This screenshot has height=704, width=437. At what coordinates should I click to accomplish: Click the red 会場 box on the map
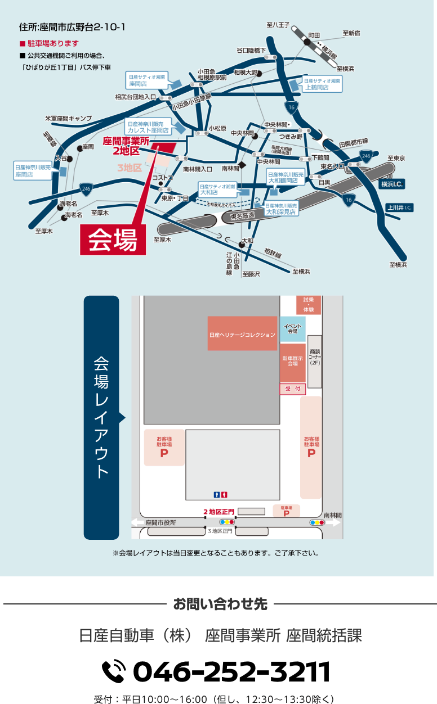click(113, 240)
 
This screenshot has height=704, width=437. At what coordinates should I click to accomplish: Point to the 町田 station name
click(314, 35)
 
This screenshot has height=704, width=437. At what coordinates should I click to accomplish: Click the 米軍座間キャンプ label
click(69, 119)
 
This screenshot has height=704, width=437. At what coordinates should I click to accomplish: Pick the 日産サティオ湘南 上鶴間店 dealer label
click(322, 84)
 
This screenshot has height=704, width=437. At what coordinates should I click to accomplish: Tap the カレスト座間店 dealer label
click(148, 127)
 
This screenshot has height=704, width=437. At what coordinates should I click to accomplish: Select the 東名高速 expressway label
click(243, 215)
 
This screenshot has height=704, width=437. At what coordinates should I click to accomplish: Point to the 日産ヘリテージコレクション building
click(242, 334)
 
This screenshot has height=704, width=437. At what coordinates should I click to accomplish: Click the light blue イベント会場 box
click(292, 329)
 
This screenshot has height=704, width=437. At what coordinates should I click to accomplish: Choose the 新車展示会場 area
click(292, 362)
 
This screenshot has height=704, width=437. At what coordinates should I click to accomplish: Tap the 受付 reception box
click(292, 389)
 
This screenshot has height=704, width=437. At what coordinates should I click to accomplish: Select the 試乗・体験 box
click(309, 305)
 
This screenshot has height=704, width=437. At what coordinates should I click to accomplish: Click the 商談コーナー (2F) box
click(315, 360)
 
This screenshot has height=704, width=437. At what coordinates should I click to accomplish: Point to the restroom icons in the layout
click(220, 494)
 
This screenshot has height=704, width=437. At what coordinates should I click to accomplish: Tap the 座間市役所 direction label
click(160, 522)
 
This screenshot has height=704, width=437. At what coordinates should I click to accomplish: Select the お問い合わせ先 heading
click(220, 604)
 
